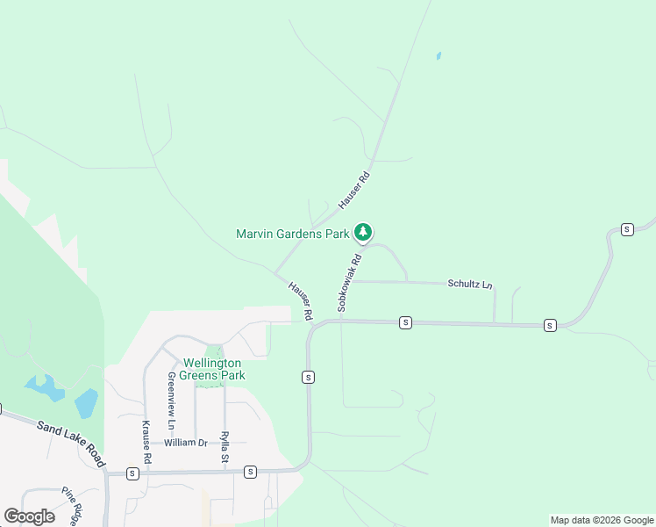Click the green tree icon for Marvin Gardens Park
point(363,233)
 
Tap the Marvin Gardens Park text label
point(293,234)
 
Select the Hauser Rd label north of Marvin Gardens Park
point(355,189)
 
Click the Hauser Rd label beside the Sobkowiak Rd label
point(301,300)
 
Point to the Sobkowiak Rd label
point(349,284)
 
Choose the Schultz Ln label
point(470,285)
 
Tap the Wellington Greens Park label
point(212,369)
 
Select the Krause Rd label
point(147,442)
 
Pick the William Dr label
point(185,443)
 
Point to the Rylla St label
point(225,448)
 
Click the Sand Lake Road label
point(71,444)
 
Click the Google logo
point(29,516)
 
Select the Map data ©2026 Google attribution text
point(601,520)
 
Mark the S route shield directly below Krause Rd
point(132,473)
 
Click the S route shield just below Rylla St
point(250,473)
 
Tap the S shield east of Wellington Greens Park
point(308,377)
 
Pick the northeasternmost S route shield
point(627,229)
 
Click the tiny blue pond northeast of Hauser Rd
point(438,56)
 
